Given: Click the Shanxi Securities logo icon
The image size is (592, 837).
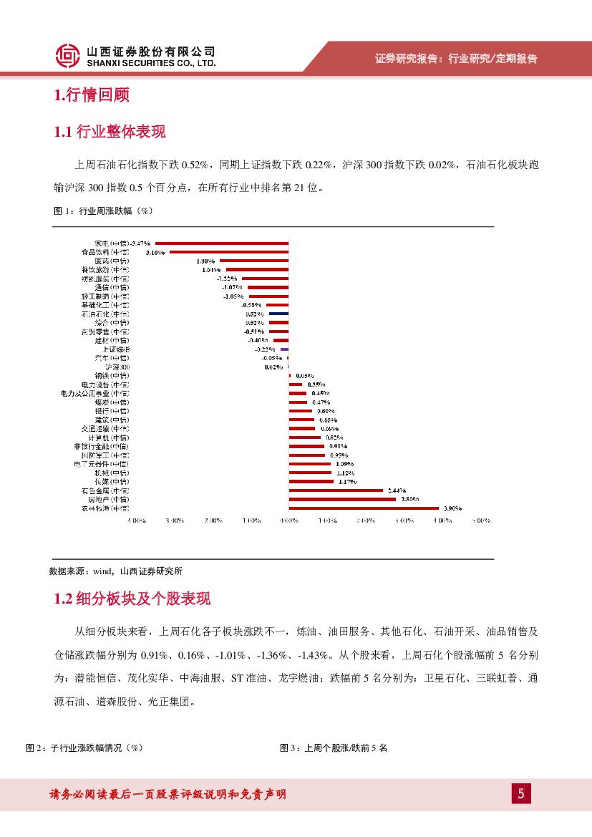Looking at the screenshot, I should coord(67,56).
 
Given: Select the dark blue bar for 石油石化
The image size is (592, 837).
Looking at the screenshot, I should coord(278,314).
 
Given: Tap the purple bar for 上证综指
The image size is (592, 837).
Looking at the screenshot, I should coord(284,349).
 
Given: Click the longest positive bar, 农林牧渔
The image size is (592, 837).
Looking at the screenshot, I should coord(364,508).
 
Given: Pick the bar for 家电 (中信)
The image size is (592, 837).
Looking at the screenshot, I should coord(222,243).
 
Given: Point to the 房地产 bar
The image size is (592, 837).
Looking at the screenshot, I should coord(342,499).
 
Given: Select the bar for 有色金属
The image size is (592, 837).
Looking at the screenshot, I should coord(336,490).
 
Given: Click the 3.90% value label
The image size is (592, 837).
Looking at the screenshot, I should coord(452,508).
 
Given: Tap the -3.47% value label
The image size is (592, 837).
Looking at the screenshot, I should coord(142,243).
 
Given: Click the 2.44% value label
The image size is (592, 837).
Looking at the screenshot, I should coord(397,490).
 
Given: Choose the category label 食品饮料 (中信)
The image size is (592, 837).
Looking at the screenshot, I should coord(105,252).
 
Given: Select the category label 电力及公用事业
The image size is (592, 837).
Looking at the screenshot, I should coord(95,393).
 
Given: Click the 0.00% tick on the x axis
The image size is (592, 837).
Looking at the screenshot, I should coord(288,521).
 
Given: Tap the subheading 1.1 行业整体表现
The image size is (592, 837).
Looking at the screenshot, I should coord(110,132).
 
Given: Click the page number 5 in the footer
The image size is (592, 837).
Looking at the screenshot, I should coord(521,793).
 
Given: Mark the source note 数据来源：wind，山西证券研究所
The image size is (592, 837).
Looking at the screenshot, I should coord(116,571).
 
